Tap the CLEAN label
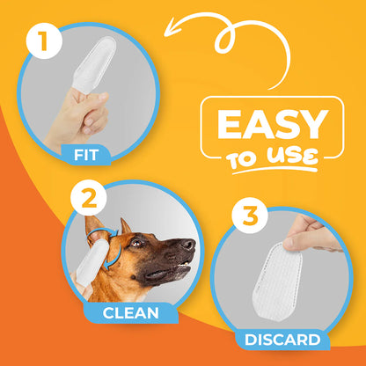click(x=131, y=313)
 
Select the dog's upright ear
click(x=124, y=231)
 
